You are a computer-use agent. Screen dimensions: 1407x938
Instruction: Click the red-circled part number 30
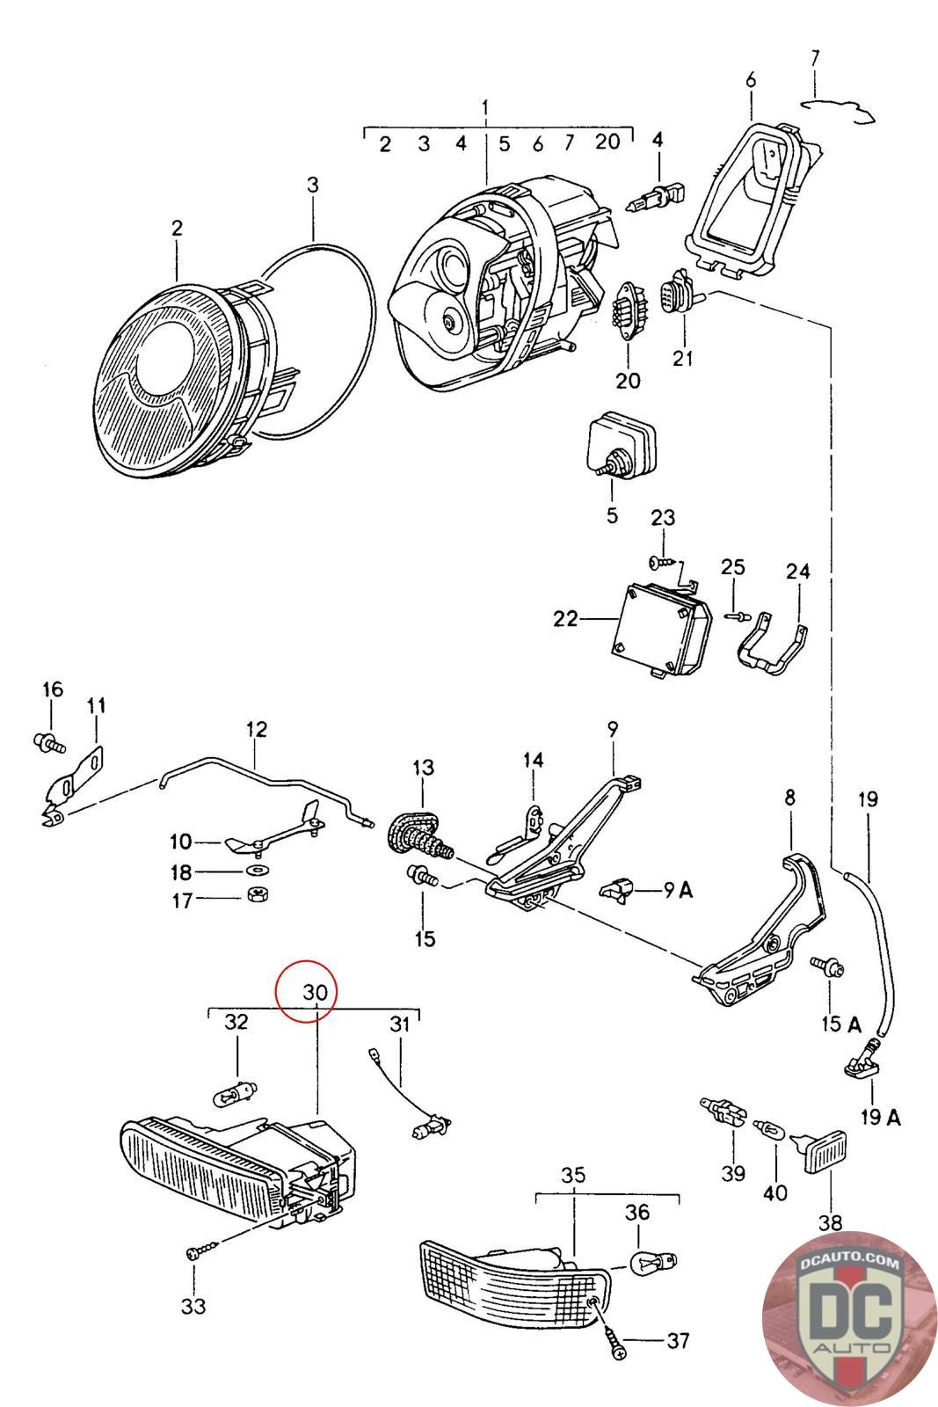coord(315,991)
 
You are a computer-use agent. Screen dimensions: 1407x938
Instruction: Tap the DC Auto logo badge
coord(847,1317)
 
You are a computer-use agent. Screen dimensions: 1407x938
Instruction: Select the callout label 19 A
coord(880,1117)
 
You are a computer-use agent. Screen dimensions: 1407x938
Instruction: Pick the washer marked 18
coord(258,871)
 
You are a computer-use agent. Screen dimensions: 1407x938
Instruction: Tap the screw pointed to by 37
coord(615,1340)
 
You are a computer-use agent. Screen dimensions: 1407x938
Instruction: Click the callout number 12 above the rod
coord(257,729)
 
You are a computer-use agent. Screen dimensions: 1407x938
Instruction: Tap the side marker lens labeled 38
coord(828,1155)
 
